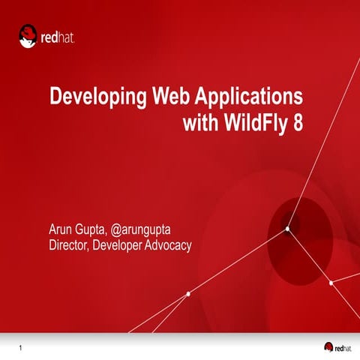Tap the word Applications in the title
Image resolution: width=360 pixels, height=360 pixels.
[x=249, y=98]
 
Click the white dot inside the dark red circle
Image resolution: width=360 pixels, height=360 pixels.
[x=287, y=230]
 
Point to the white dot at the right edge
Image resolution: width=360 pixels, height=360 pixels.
[x=331, y=283]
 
